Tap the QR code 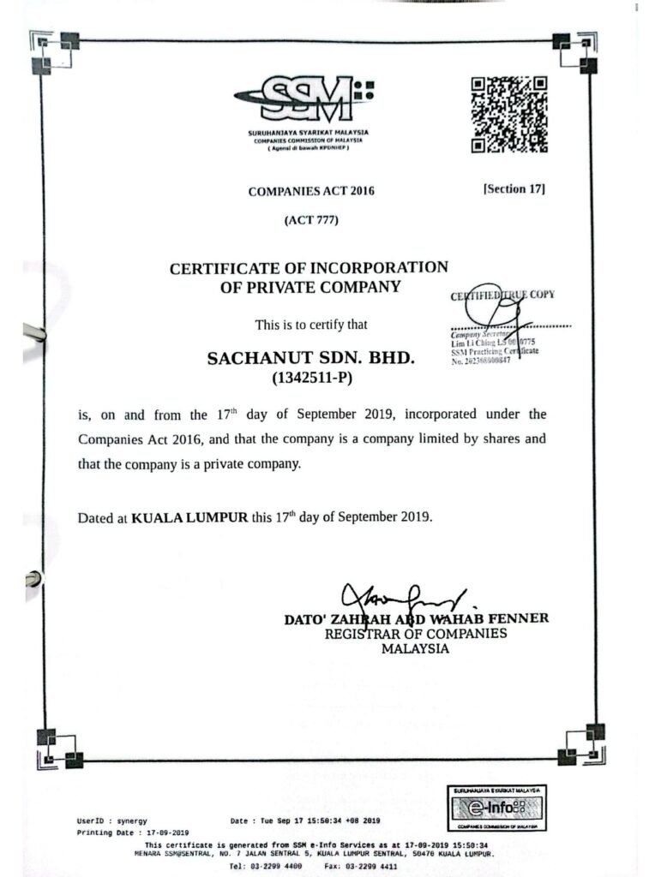point(509,115)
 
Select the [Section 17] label point(514,188)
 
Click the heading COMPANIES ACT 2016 point(311,192)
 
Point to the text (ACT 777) point(311,220)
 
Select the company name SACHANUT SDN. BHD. point(311,359)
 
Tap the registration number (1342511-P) point(311,377)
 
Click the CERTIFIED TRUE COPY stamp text point(502,295)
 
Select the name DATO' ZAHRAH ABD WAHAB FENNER point(416,618)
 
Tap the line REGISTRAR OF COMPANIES point(415,634)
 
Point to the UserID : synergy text point(111,820)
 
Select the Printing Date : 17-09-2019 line point(133,832)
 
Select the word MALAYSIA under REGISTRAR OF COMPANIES point(415,649)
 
